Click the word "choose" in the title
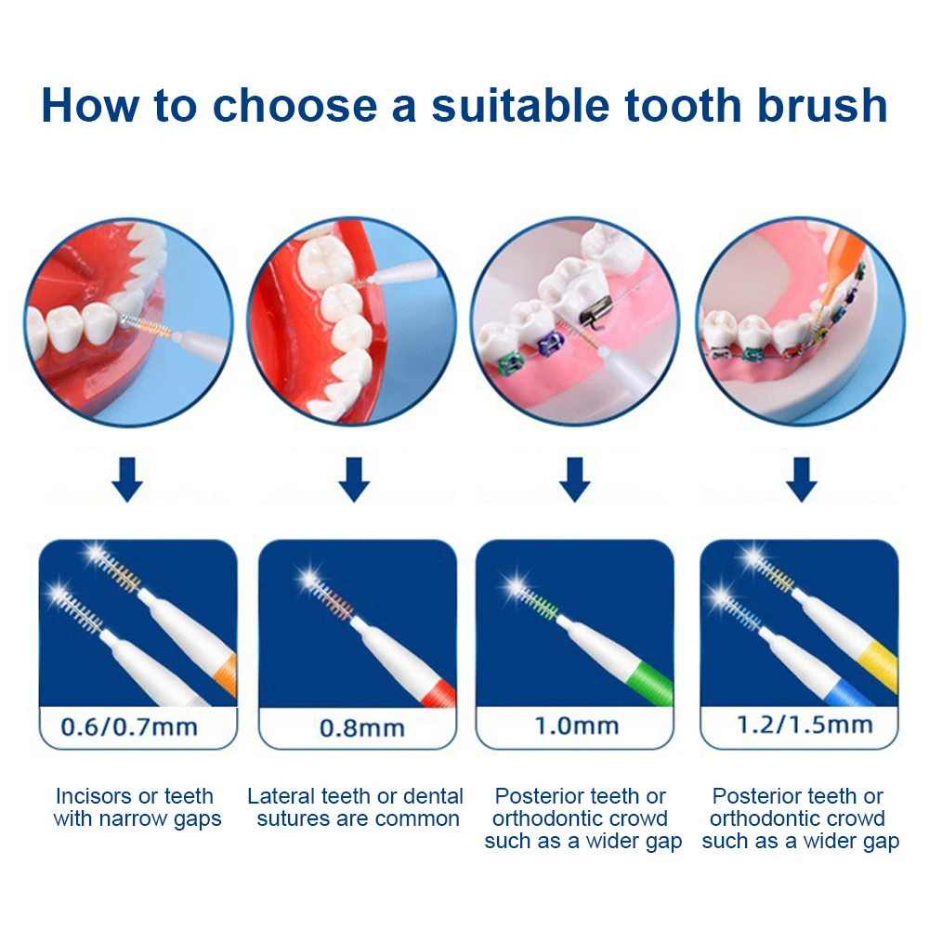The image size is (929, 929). pyautogui.click(x=294, y=106)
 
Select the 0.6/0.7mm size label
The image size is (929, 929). pyautogui.click(x=129, y=727)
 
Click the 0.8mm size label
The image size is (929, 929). pyautogui.click(x=362, y=728)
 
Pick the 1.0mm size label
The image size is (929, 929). pyautogui.click(x=577, y=726)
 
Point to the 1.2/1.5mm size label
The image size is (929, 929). pyautogui.click(x=805, y=725)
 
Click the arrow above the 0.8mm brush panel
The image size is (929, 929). pyautogui.click(x=354, y=479)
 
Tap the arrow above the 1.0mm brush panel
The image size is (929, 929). pyautogui.click(x=575, y=479)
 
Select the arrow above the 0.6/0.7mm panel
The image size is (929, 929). pyautogui.click(x=127, y=479)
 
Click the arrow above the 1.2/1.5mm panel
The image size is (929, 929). pyautogui.click(x=802, y=479)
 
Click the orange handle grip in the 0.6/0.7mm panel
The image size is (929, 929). pyautogui.click(x=228, y=674)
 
